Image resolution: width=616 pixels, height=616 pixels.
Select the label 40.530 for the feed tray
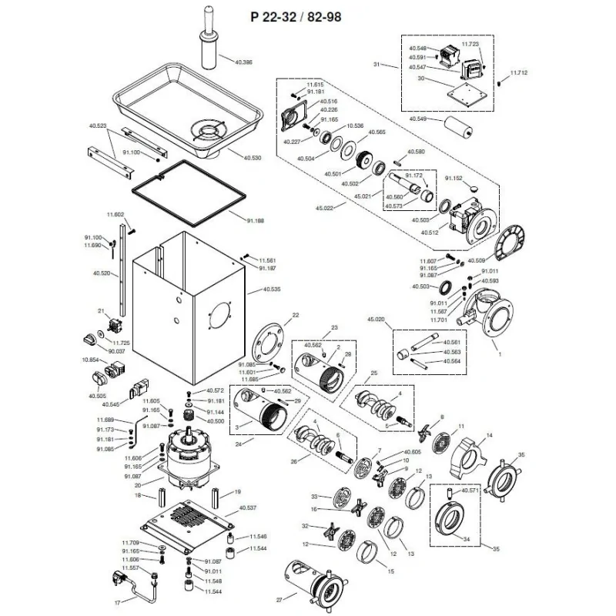pos(252,158)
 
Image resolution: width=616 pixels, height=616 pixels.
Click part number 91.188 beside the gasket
pos(256,221)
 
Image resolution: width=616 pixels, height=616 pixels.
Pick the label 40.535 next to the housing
pos(272,290)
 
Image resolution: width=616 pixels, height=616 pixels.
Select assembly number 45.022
pos(324,208)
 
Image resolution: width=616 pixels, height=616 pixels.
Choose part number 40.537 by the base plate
pos(248,508)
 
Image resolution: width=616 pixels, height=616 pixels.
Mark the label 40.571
pos(470,490)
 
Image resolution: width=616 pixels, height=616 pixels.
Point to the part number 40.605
pos(412,452)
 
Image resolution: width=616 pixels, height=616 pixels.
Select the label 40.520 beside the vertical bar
pos(100,273)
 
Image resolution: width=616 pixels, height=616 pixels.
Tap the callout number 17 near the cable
pos(117,602)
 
